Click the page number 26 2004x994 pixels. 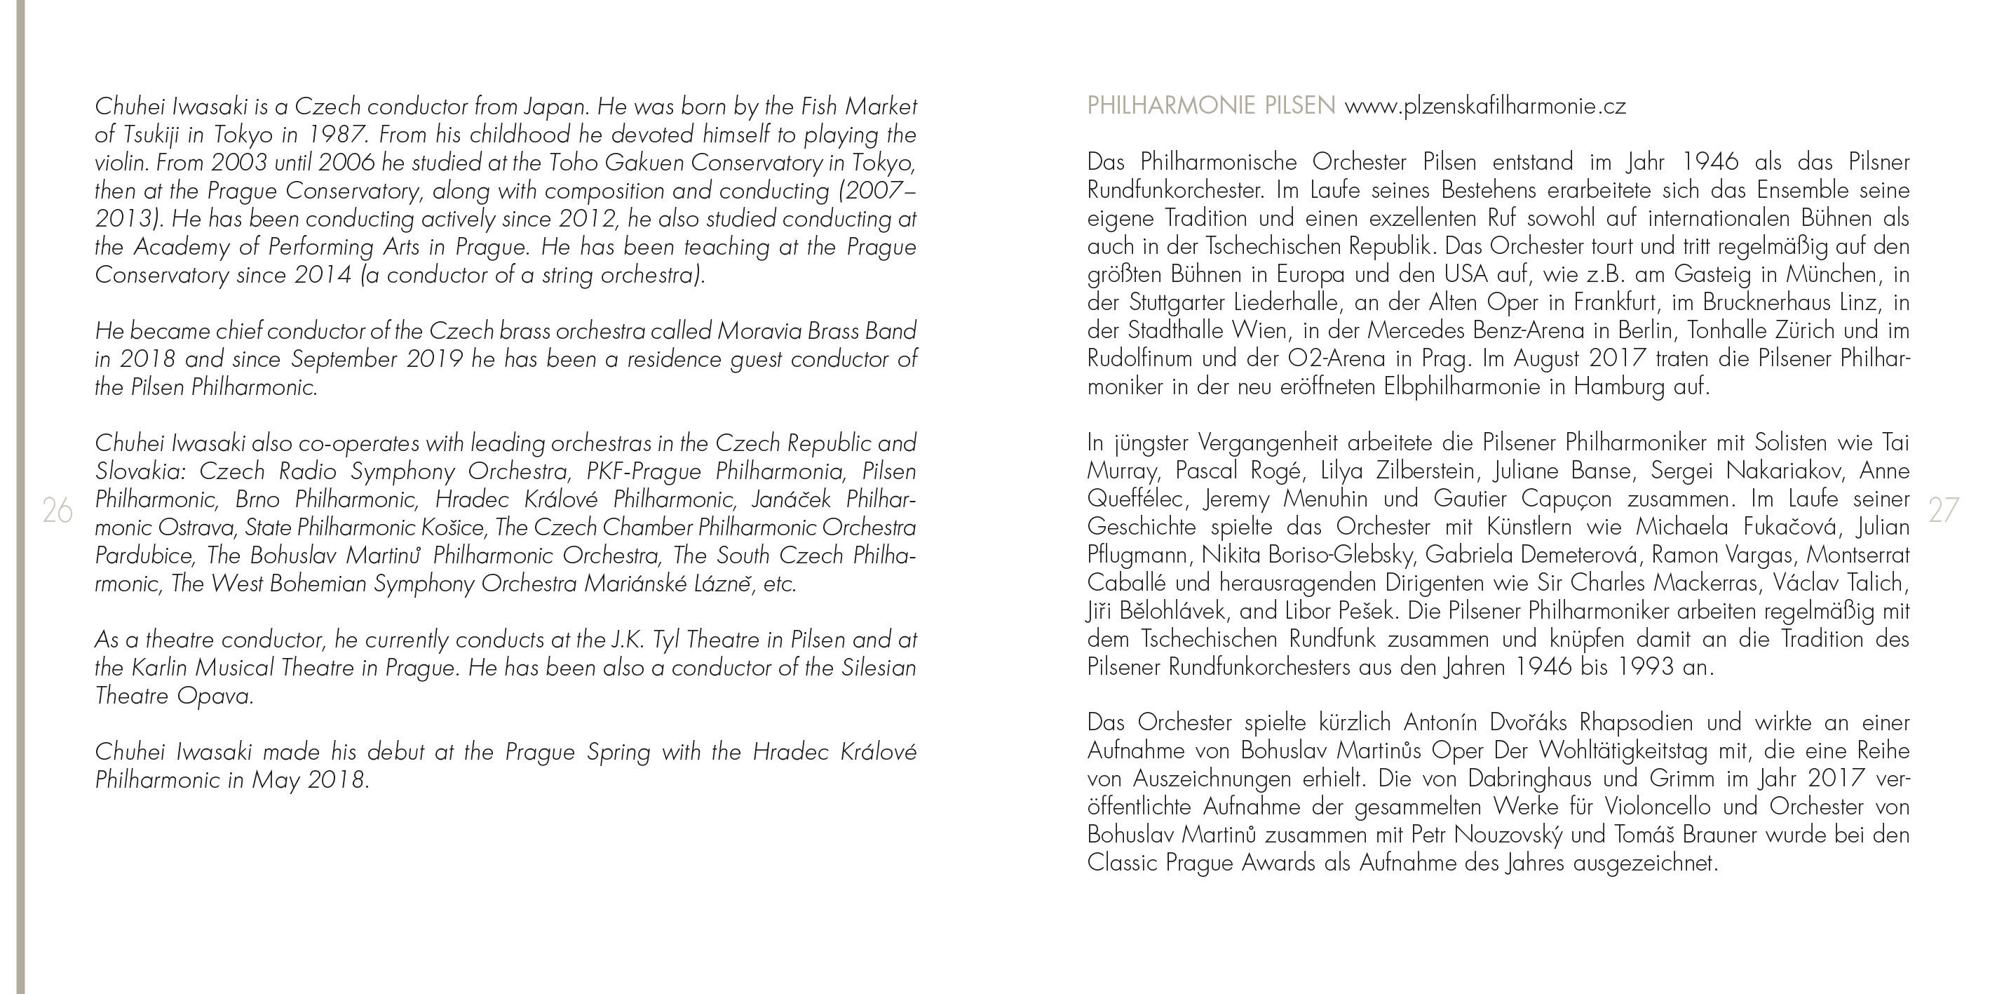click(57, 511)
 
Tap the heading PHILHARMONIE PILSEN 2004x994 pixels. click(1210, 106)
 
